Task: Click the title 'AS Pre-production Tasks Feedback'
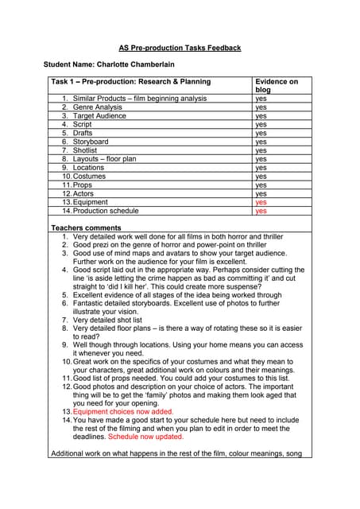pos(180,48)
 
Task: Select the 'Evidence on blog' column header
pos(277,85)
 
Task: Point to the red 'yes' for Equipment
pos(261,202)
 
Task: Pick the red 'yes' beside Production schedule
pos(261,211)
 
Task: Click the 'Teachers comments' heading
pos(85,228)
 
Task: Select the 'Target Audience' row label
pos(99,115)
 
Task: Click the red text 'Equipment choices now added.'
pos(123,411)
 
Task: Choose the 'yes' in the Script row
pos(261,124)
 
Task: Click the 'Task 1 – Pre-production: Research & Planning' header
pos(131,81)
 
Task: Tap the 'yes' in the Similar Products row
pos(261,98)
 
